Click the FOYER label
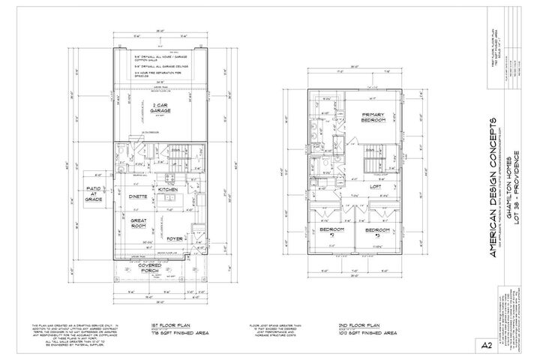(x=174, y=239)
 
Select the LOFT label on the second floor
(x=375, y=189)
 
